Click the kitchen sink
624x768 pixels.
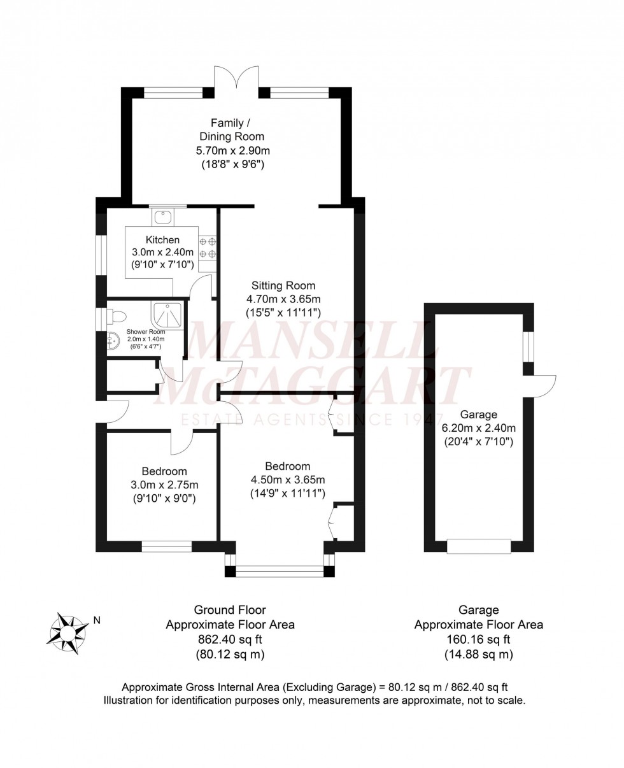point(163,217)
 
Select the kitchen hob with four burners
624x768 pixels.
point(208,247)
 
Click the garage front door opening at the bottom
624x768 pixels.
point(479,546)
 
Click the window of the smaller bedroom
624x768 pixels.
point(166,546)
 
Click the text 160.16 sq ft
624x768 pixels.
point(479,639)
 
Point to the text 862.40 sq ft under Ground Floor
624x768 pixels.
point(230,639)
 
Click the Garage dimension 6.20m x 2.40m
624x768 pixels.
point(479,427)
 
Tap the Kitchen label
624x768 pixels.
point(162,240)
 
